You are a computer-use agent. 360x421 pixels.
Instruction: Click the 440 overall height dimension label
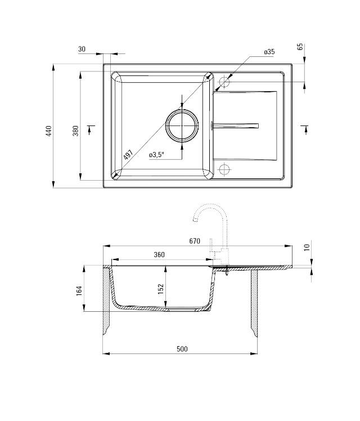(49, 131)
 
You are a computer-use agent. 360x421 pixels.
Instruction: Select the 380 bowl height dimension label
(75, 131)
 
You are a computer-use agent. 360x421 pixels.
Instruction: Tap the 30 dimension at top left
(82, 50)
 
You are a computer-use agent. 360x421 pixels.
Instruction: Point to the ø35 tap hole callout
(269, 52)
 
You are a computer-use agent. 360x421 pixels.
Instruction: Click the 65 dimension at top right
(300, 47)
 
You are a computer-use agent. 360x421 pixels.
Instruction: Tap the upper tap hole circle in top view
(224, 82)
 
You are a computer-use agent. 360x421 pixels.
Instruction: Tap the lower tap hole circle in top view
(224, 169)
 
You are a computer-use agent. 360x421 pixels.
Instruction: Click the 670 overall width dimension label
(195, 241)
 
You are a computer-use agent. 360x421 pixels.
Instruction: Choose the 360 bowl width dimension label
(159, 255)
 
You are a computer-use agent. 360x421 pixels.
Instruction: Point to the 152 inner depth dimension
(160, 288)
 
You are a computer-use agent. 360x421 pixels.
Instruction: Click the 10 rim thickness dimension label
(306, 247)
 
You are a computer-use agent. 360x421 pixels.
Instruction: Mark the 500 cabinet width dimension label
(182, 349)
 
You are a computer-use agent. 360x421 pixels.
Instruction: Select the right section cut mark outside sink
(304, 128)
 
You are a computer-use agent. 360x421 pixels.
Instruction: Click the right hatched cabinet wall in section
(254, 304)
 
